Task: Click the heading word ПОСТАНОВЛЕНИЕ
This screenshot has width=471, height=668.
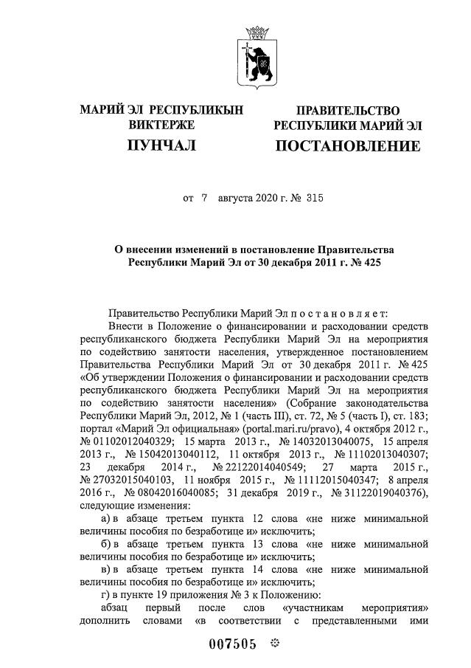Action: pos(347,146)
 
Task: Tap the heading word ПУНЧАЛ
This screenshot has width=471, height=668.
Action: pos(161,145)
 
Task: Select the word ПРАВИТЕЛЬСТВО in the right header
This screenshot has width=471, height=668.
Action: pos(347,111)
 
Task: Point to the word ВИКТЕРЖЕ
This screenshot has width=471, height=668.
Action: pos(161,125)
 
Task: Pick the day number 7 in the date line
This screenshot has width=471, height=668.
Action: pos(204,198)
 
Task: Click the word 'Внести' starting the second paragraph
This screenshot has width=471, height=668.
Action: pos(125,326)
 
